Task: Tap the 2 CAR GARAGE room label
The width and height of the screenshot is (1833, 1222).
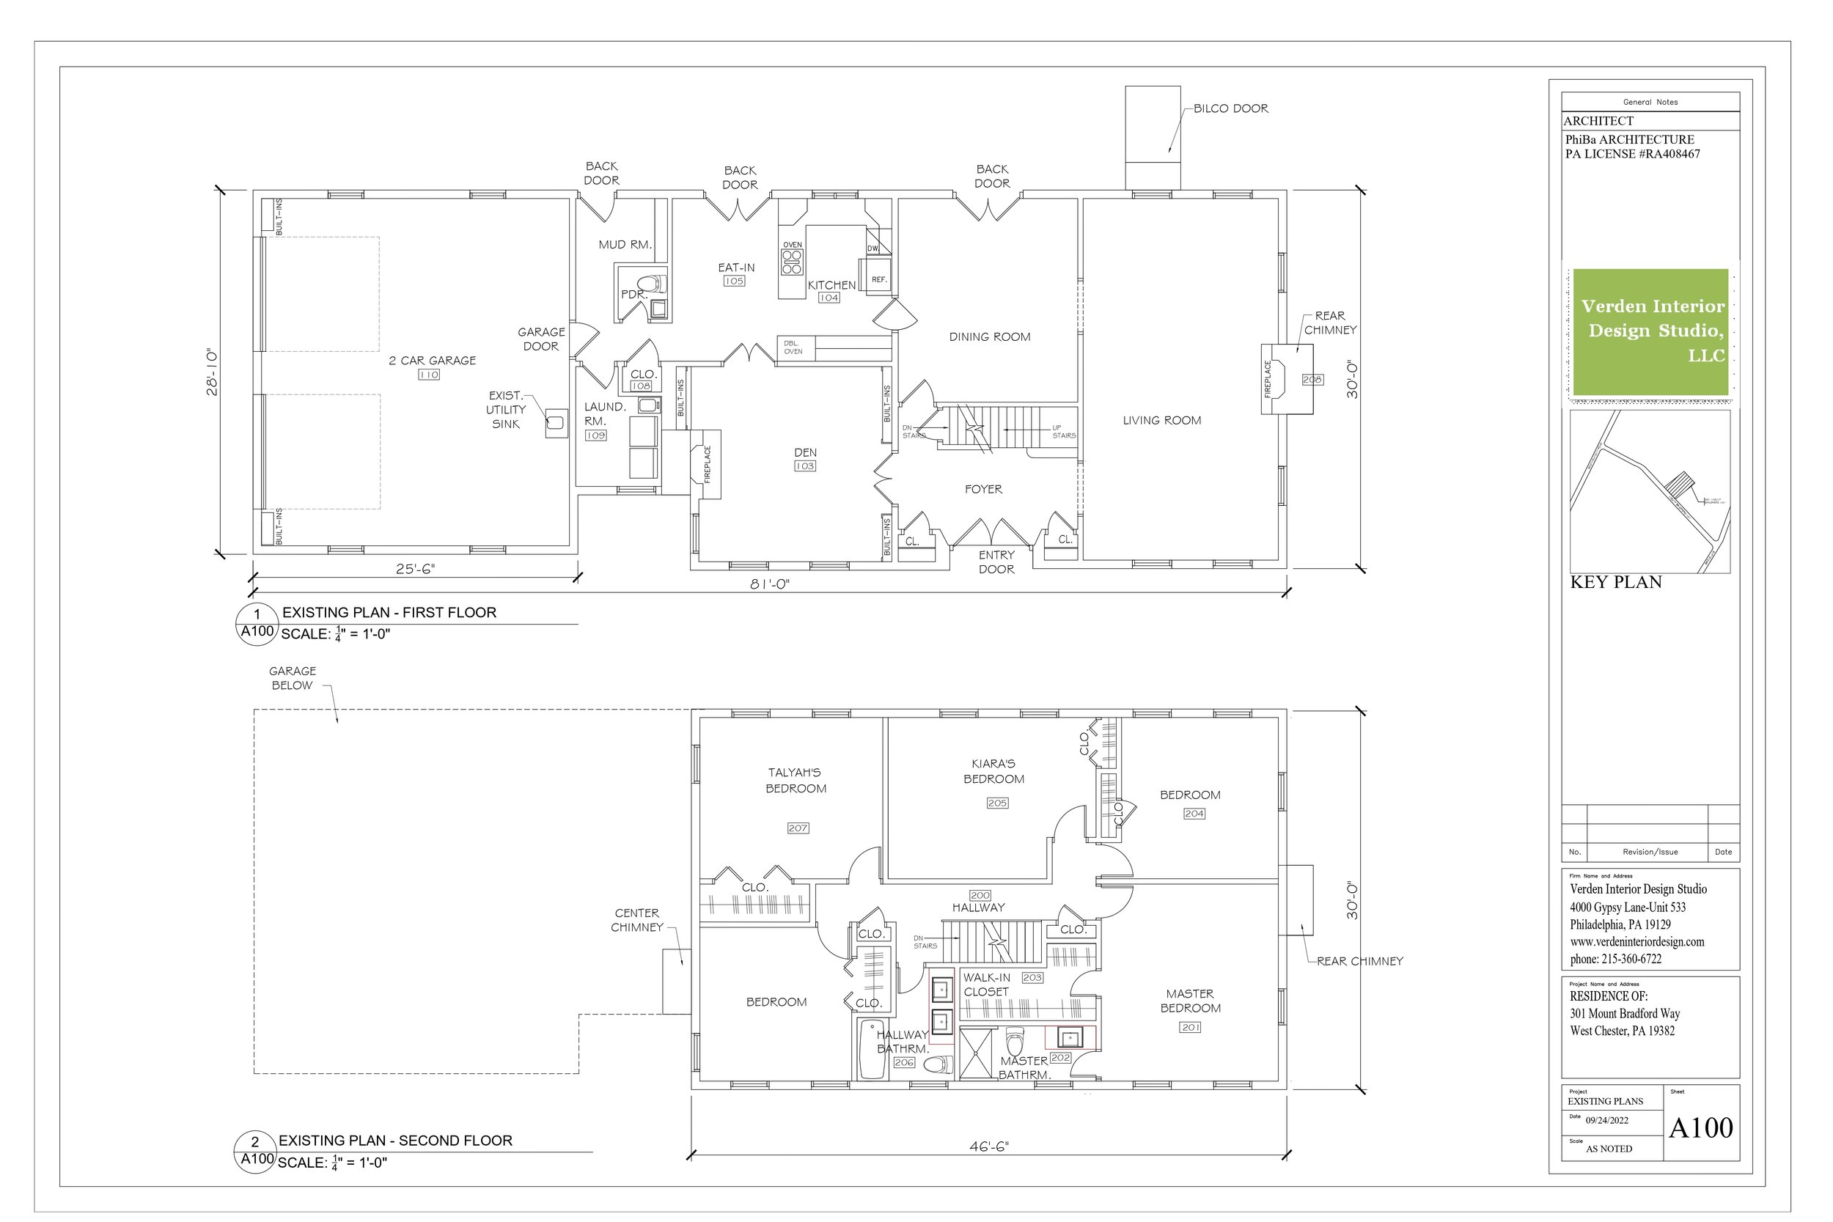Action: (432, 360)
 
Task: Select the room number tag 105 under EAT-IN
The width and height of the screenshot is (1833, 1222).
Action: (734, 281)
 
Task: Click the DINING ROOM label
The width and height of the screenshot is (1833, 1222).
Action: (989, 336)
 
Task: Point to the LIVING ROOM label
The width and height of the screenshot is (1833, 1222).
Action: (1161, 420)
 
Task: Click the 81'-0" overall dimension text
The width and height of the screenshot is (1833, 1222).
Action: (770, 584)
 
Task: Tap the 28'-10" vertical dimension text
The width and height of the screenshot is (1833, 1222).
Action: (212, 372)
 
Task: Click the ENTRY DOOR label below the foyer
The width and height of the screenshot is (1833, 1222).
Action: (996, 562)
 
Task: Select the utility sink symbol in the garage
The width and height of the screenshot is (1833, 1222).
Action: (556, 422)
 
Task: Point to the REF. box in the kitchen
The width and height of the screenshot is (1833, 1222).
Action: (878, 279)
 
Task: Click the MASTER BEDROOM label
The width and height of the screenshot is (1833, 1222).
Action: (1189, 1001)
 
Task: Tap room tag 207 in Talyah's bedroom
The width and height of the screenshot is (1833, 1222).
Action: (797, 828)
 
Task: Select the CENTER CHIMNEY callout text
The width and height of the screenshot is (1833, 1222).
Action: (636, 920)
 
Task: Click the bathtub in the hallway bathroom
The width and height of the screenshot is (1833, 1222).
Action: (871, 1048)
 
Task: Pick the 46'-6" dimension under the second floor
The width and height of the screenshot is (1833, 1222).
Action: (988, 1146)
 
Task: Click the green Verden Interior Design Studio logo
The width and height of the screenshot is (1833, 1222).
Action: (1650, 331)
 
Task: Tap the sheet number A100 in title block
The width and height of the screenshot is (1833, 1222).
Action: (1700, 1127)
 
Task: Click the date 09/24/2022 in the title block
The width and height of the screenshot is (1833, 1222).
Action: (1607, 1121)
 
